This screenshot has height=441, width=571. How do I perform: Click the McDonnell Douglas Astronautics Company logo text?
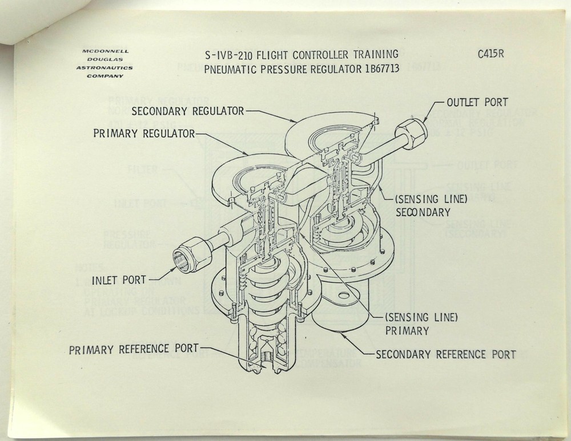tap(107, 63)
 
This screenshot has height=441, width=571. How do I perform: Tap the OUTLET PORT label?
tap(478, 103)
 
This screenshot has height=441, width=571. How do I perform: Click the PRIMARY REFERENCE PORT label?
tap(134, 349)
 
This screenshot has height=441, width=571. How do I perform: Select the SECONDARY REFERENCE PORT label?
tap(445, 354)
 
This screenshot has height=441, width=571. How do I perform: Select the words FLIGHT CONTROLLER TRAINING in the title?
tap(327, 55)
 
